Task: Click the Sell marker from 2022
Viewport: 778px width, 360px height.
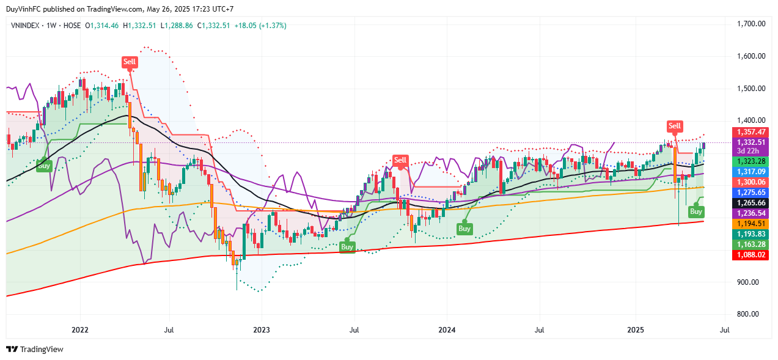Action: pos(130,61)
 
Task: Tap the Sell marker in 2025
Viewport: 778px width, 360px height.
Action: pos(674,126)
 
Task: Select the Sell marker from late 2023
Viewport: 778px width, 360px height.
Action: pos(400,160)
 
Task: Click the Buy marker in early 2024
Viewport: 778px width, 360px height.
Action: pos(464,229)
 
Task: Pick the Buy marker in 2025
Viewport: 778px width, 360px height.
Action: pos(695,211)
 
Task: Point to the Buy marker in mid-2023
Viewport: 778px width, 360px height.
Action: pos(347,247)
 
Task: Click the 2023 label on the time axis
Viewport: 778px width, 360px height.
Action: pos(261,330)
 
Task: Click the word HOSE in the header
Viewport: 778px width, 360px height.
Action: pos(72,26)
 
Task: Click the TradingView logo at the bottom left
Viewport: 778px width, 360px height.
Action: pos(35,349)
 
